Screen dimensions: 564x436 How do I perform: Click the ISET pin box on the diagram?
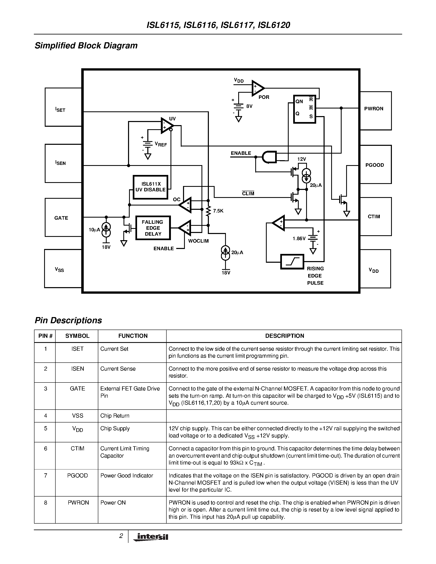pyautogui.click(x=63, y=107)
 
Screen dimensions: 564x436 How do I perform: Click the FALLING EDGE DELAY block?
pyautogui.click(x=153, y=228)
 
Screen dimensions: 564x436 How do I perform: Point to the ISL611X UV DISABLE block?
pyautogui.click(x=151, y=187)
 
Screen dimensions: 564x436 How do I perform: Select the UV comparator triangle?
pyautogui.click(x=167, y=126)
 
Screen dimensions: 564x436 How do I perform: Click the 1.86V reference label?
pyautogui.click(x=299, y=239)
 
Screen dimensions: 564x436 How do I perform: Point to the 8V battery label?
pyautogui.click(x=249, y=106)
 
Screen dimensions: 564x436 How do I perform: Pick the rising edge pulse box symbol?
pyautogui.click(x=292, y=262)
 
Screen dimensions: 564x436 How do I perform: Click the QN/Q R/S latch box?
pyautogui.click(x=304, y=109)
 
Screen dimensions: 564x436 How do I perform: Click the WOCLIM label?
pyautogui.click(x=198, y=241)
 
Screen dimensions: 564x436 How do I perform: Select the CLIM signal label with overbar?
pyautogui.click(x=248, y=194)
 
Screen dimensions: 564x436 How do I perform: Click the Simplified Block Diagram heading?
pyautogui.click(x=86, y=46)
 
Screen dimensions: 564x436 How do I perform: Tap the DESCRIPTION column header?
pyautogui.click(x=284, y=336)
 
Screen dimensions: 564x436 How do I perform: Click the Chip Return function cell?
pyautogui.click(x=115, y=416)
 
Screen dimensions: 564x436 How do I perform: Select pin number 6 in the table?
pyautogui.click(x=46, y=448)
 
